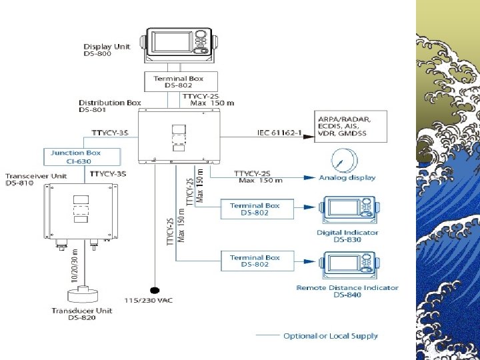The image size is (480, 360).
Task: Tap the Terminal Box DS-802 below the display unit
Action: click(177, 82)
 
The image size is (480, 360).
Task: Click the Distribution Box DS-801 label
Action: click(110, 106)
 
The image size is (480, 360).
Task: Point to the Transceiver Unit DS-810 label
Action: click(36, 179)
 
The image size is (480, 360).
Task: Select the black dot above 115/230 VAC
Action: click(155, 291)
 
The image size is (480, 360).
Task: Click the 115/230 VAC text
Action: click(147, 301)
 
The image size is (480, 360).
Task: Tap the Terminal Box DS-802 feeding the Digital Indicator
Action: click(255, 209)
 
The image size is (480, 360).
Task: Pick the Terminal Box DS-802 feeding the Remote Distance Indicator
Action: click(255, 261)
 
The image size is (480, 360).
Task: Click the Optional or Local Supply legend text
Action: click(330, 336)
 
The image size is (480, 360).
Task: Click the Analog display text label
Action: click(347, 178)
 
